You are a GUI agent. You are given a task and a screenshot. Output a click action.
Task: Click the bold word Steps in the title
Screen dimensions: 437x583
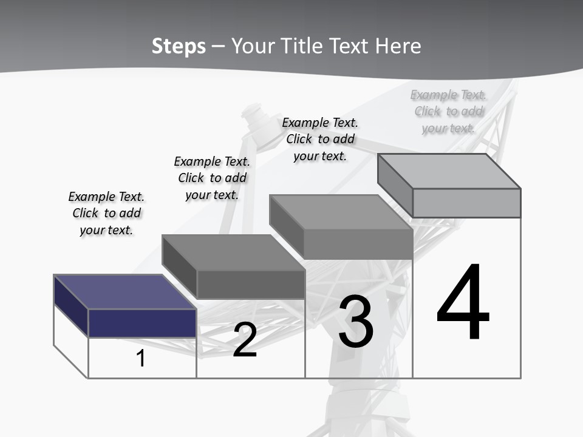coord(179,46)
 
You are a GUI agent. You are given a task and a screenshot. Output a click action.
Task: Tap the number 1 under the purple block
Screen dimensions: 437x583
coord(140,359)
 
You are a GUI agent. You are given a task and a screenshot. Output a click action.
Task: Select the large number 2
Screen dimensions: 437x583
coord(245,340)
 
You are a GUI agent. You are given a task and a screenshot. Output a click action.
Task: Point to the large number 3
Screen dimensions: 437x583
coord(356,321)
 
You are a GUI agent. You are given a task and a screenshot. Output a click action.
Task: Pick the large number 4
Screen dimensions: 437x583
coord(463,303)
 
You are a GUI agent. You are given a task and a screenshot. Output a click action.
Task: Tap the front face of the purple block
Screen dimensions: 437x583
coord(142,323)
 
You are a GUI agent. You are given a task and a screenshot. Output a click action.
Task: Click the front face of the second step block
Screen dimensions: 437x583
coord(250,284)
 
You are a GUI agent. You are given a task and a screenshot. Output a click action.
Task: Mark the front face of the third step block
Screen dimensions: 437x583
coord(358,244)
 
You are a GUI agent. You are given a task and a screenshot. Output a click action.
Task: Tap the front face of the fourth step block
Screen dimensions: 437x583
coord(466,203)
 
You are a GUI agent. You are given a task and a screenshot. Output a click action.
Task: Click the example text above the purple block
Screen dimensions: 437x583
coord(106,213)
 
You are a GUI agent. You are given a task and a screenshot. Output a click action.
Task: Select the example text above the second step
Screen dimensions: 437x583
coord(212,178)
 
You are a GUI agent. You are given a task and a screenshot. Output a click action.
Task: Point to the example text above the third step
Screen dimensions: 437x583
coord(320,139)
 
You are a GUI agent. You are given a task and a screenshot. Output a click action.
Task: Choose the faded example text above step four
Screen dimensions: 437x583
coord(448,111)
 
